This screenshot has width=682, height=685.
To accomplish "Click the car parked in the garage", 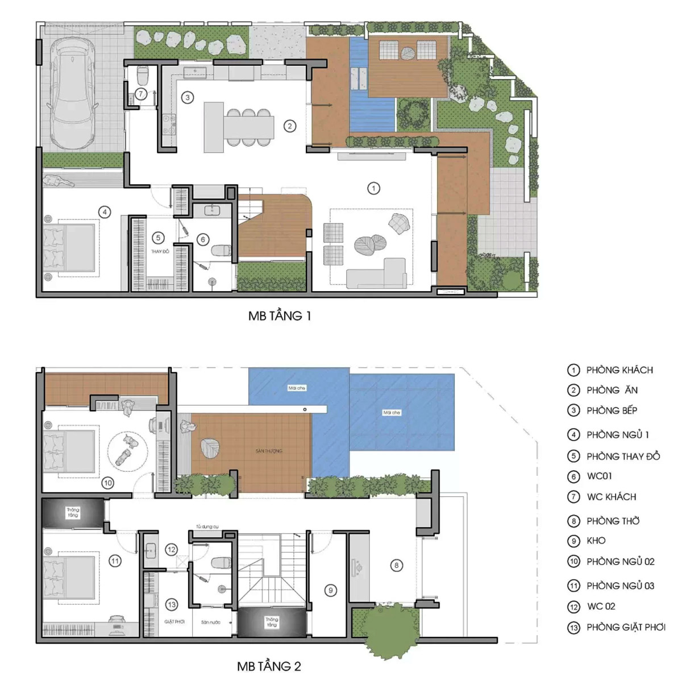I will pyautogui.click(x=73, y=93).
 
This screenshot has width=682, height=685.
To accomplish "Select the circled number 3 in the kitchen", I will pyautogui.click(x=188, y=97).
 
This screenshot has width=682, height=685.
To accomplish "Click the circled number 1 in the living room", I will pyautogui.click(x=373, y=188).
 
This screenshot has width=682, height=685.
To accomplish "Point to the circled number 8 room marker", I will pyautogui.click(x=397, y=565).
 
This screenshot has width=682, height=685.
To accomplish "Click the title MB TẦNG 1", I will pyautogui.click(x=279, y=316).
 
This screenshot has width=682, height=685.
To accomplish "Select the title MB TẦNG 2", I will pyautogui.click(x=269, y=666).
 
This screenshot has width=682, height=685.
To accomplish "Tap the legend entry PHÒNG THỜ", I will pyautogui.click(x=613, y=521).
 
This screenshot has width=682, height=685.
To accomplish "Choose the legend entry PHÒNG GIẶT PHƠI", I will pyautogui.click(x=625, y=627).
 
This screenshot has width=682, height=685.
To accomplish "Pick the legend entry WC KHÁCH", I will pyautogui.click(x=611, y=497).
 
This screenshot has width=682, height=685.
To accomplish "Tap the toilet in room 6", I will pyautogui.click(x=221, y=250).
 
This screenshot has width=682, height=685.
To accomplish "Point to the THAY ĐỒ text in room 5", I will pyautogui.click(x=160, y=251).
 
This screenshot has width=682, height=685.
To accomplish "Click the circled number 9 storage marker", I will pyautogui.click(x=331, y=591).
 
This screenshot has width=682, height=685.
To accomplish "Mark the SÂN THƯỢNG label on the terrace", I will pyautogui.click(x=268, y=451).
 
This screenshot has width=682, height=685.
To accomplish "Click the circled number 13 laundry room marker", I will pyautogui.click(x=171, y=605).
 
